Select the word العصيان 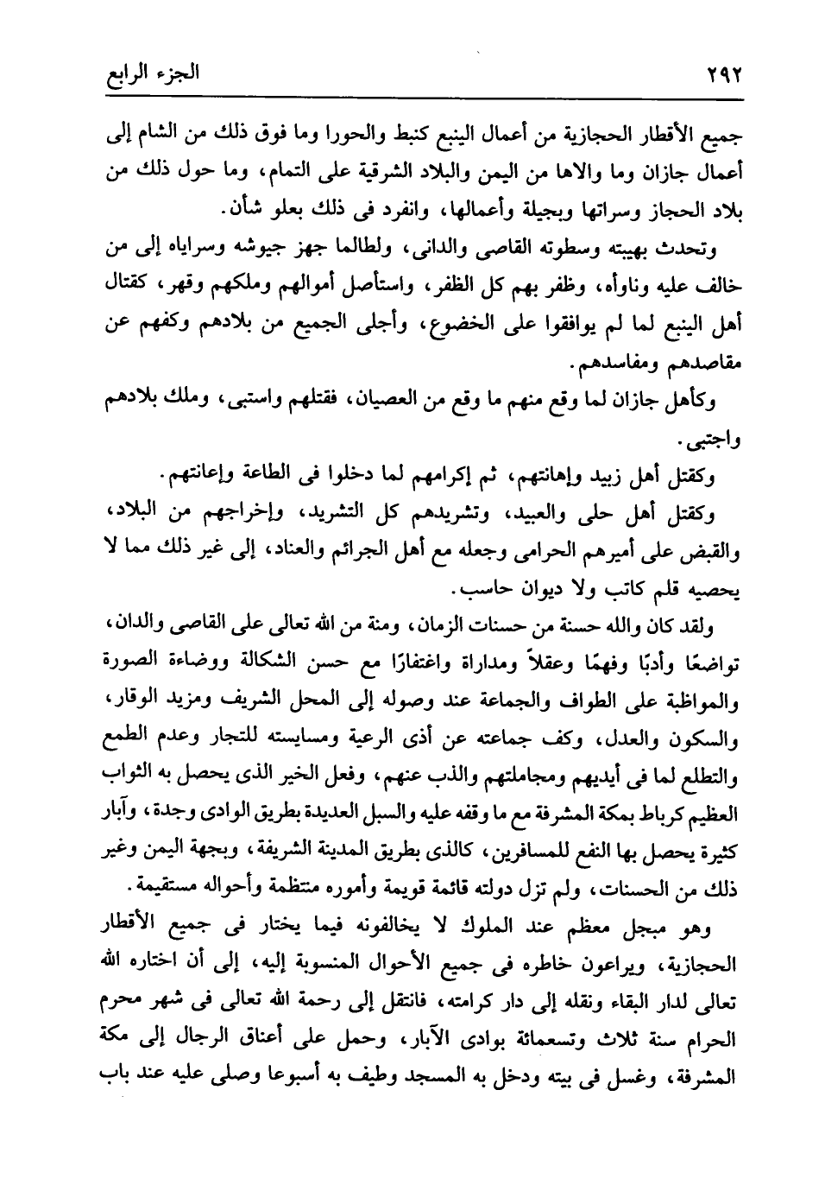coord(392,400)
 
